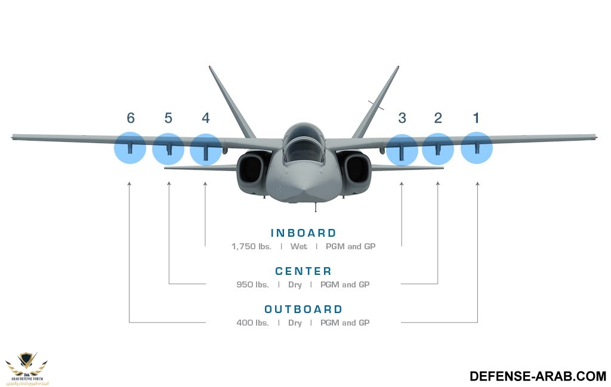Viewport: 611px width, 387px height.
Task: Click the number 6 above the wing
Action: point(131,118)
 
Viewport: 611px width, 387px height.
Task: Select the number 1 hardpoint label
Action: point(476,118)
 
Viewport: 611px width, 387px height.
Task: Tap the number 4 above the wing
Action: point(206,118)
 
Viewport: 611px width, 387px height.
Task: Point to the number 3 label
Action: point(402,118)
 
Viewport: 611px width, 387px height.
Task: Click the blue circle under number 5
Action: point(168,149)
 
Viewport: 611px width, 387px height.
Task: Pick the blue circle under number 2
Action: point(438,149)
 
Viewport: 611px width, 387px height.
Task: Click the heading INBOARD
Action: point(304,233)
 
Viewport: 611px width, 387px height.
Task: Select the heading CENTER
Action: point(304,272)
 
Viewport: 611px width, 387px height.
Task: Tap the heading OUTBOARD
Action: point(304,309)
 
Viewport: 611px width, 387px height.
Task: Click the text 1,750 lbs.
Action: point(251,246)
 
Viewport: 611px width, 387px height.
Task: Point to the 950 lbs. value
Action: point(252,284)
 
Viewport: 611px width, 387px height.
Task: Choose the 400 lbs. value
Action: point(252,323)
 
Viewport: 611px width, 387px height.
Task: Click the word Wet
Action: point(299,246)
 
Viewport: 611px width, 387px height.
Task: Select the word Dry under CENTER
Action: point(295,284)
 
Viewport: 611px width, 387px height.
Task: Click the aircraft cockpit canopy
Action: point(304,143)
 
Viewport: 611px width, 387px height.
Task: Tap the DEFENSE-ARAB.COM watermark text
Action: point(538,376)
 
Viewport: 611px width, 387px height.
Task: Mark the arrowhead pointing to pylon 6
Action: point(129,185)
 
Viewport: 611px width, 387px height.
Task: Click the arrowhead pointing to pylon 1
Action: point(477,185)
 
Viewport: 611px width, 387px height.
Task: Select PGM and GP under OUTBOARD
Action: point(345,323)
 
